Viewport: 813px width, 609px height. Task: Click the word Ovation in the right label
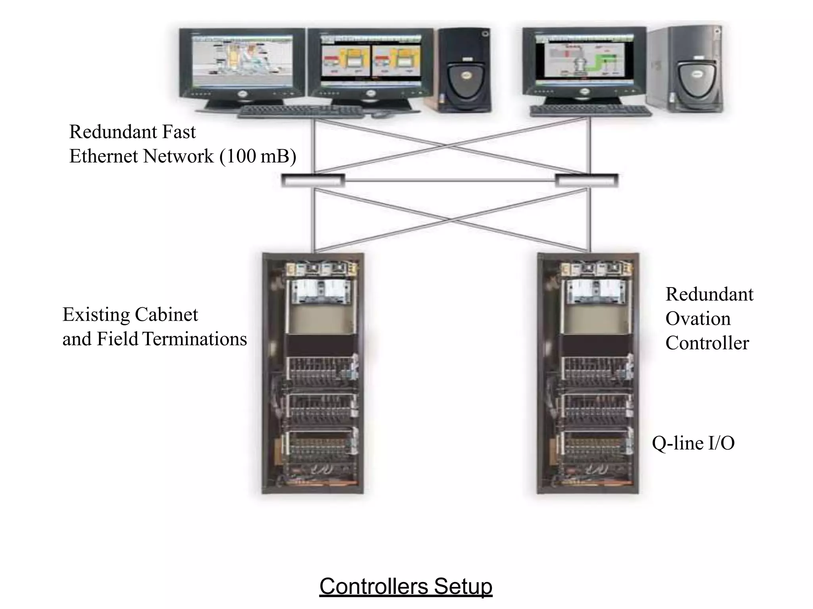[x=697, y=319]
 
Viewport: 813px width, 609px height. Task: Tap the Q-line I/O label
[x=693, y=443]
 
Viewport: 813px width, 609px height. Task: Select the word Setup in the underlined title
[x=463, y=586]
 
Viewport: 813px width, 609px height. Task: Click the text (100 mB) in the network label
[x=258, y=156]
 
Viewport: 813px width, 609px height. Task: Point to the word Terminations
[x=195, y=339]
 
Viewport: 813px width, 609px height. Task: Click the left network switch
[x=313, y=181]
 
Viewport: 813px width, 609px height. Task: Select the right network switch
[x=586, y=181]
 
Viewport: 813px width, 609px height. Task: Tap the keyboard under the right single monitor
[x=590, y=111]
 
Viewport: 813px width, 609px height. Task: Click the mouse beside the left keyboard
[x=380, y=115]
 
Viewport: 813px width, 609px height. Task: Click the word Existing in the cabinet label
[x=96, y=315]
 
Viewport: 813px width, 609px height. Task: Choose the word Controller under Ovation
[x=707, y=343]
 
